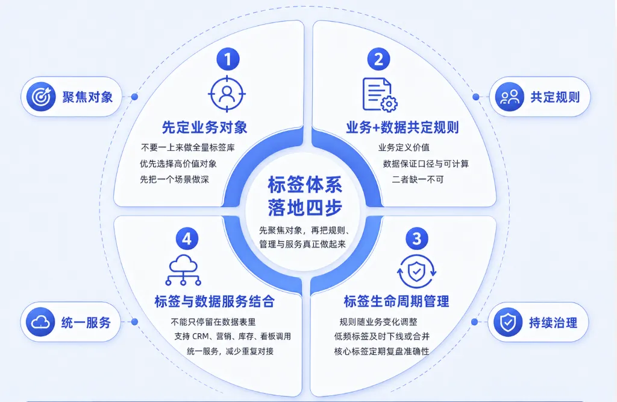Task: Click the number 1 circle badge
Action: tap(228, 59)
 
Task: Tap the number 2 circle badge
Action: tap(378, 59)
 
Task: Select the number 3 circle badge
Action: tap(417, 238)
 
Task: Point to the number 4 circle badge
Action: tap(187, 238)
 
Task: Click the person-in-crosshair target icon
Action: tap(227, 94)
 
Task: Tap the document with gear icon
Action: tap(380, 95)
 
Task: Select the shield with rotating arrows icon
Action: tap(416, 272)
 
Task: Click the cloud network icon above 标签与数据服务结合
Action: tap(183, 270)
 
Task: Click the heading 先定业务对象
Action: tap(205, 127)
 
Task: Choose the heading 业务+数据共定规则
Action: tap(402, 127)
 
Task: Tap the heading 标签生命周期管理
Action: tap(396, 302)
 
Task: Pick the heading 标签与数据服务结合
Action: tap(215, 302)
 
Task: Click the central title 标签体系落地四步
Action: tap(305, 196)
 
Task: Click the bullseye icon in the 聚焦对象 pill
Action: tap(41, 97)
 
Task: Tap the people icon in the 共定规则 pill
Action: tap(510, 97)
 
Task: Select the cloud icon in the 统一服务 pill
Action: tap(40, 322)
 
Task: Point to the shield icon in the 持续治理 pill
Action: tap(508, 322)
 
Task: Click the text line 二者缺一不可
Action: tap(418, 180)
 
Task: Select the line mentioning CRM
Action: tap(233, 336)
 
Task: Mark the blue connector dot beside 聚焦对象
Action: tap(134, 97)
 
